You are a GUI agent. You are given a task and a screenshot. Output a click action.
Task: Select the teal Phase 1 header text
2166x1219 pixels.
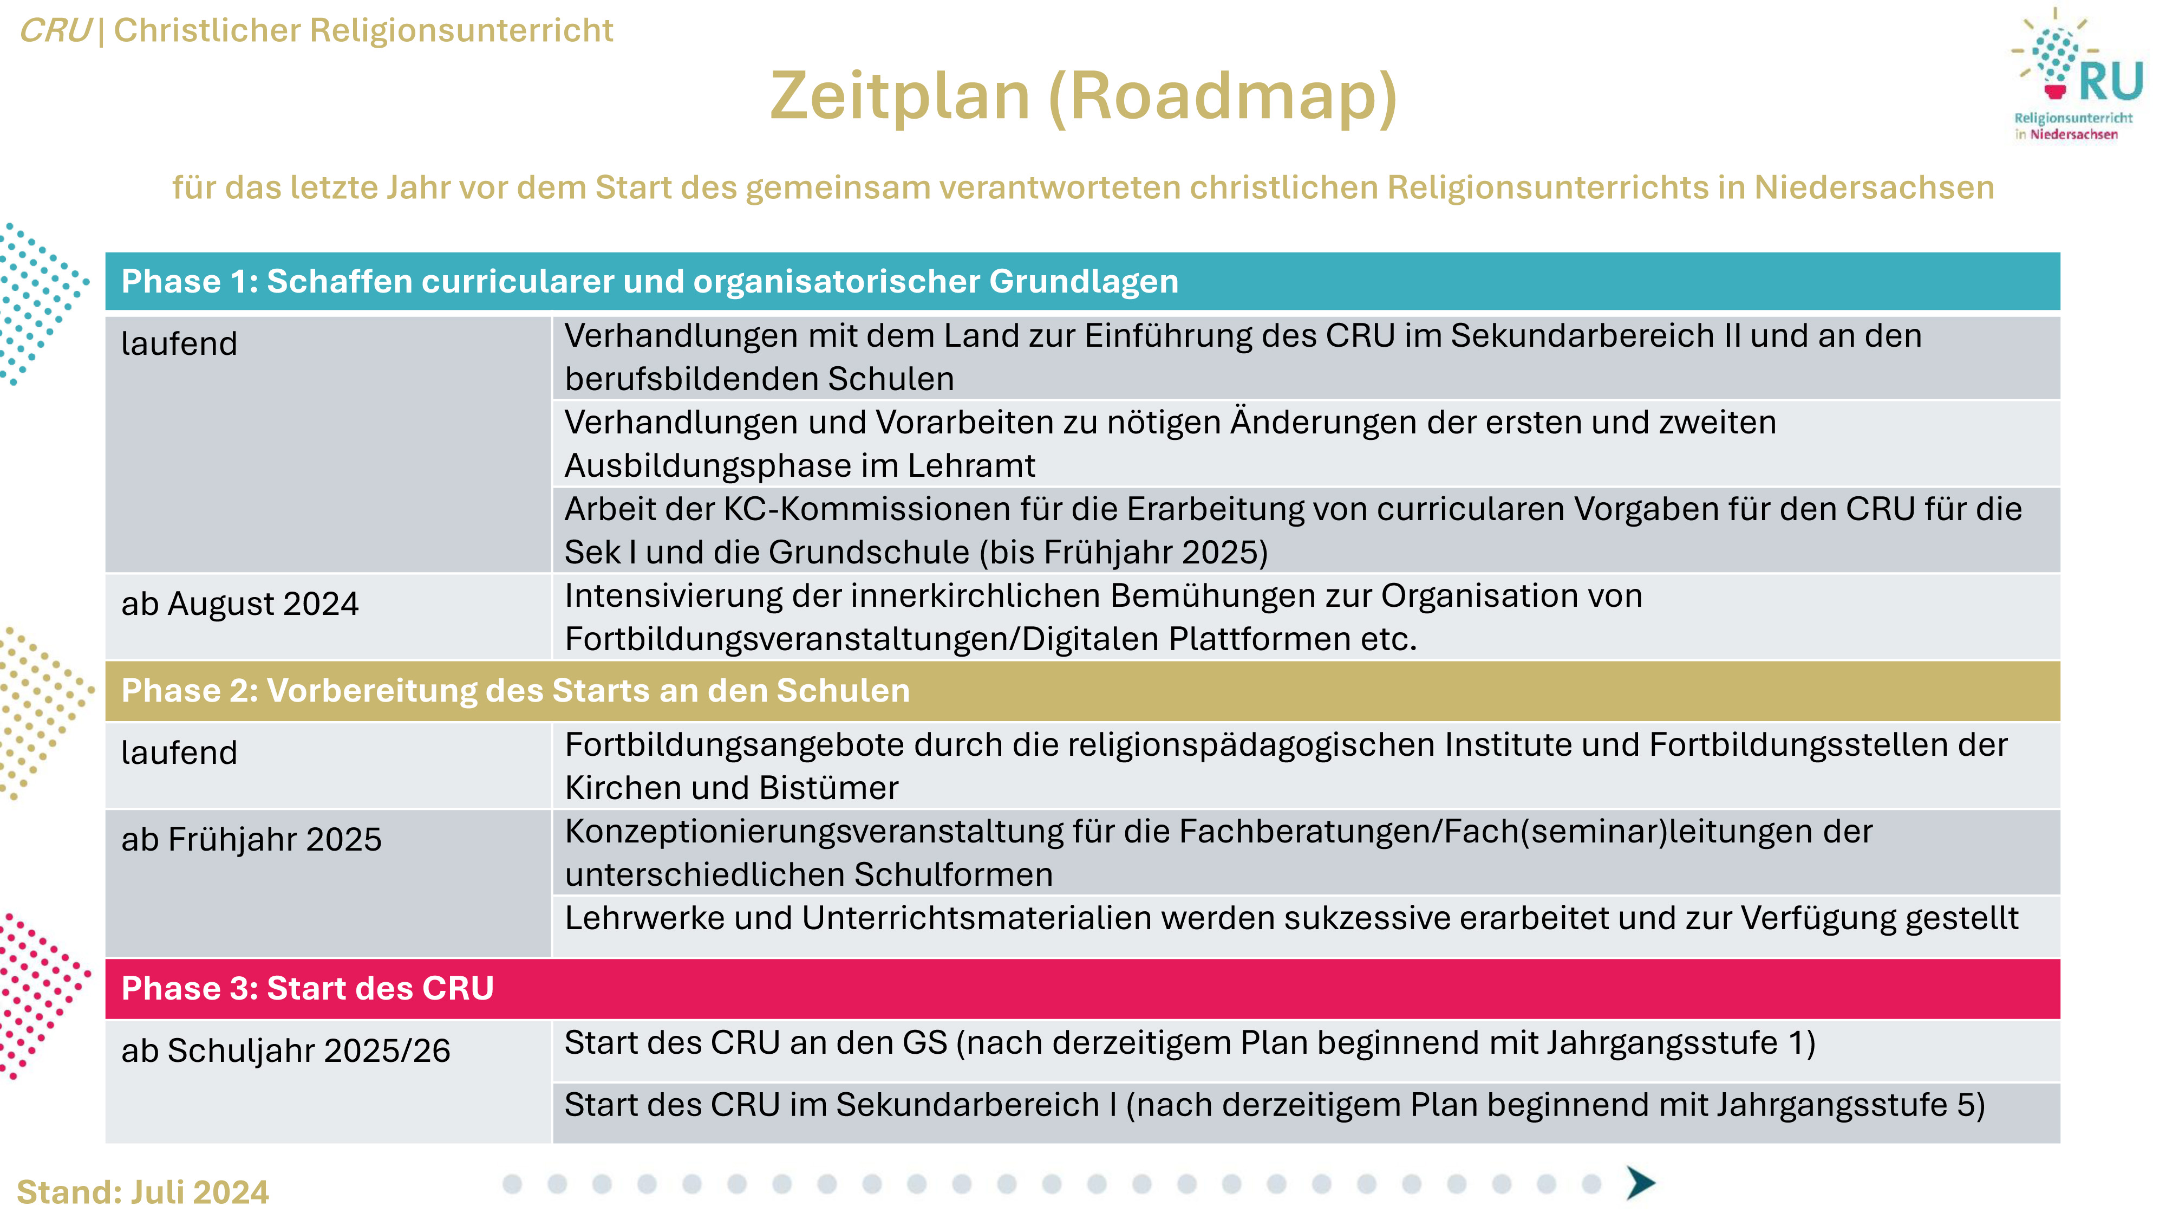click(x=649, y=281)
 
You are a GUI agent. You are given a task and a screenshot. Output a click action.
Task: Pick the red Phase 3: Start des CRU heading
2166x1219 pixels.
click(x=307, y=988)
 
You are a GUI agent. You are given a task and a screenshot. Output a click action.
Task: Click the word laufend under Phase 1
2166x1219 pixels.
click(x=179, y=343)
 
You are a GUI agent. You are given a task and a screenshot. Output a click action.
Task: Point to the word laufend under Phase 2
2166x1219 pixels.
click(x=179, y=752)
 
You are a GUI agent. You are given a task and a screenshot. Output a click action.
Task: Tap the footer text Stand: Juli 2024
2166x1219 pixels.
click(x=143, y=1192)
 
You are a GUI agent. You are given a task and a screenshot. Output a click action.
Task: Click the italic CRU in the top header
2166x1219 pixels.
click(x=55, y=30)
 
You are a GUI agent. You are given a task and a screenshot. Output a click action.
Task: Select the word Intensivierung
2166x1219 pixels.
click(x=674, y=595)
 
